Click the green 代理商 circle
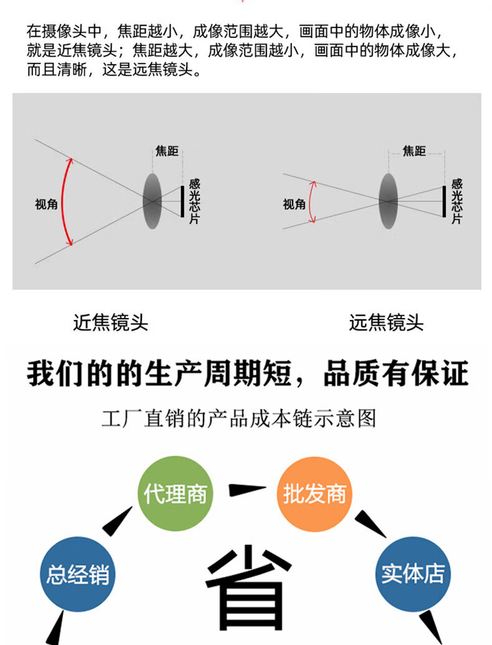175,494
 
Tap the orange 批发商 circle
314,494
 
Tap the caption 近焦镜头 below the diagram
111,322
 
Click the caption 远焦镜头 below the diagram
386,322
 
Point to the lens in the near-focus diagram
151,200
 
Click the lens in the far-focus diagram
388,200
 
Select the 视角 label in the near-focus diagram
46,204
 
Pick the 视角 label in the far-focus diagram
294,204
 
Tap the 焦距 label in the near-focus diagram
166,151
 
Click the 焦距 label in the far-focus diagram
414,151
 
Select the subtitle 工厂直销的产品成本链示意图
239,418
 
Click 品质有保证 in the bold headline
395,375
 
